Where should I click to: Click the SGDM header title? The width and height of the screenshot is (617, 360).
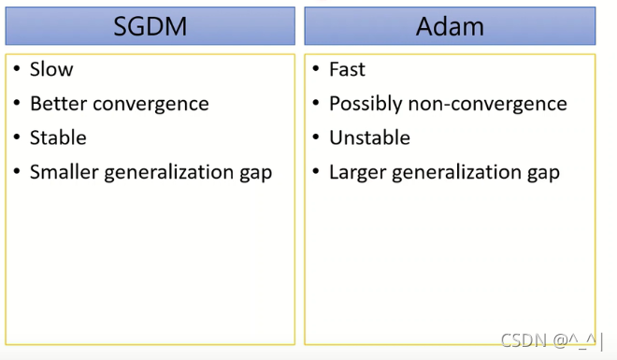coord(150,26)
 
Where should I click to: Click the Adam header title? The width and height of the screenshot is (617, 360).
coord(450,26)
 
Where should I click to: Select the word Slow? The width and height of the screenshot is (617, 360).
coord(51,69)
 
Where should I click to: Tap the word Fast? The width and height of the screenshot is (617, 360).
coord(347,69)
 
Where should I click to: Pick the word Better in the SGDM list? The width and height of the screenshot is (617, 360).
coord(59,104)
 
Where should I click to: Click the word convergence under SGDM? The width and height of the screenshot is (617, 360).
coord(151,105)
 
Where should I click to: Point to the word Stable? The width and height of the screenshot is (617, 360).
coord(58,137)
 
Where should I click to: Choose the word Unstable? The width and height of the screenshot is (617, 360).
coord(369,137)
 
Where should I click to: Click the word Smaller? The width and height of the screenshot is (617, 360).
coord(65,172)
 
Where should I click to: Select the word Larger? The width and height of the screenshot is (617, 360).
coord(358,173)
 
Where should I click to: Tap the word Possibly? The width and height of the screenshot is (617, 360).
coord(366,105)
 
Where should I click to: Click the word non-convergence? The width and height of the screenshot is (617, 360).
coord(488,105)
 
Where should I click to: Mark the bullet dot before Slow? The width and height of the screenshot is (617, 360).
coord(17,69)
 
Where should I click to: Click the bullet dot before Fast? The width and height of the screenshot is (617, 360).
coord(316,69)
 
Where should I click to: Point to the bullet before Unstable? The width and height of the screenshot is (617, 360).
coord(316,137)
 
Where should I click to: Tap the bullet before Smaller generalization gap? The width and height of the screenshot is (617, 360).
coord(17,171)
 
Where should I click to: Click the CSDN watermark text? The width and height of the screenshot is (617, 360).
coord(548,340)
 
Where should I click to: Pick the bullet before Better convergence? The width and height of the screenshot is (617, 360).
coord(17,103)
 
